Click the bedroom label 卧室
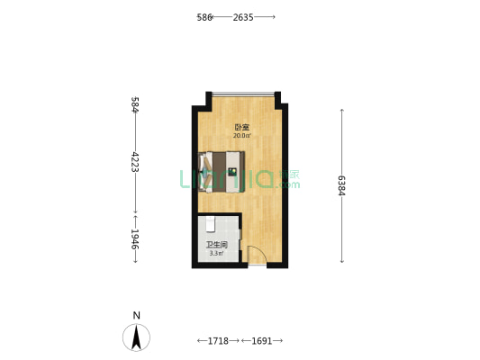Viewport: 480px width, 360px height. click(241, 128)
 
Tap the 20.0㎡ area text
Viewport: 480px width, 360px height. click(241, 137)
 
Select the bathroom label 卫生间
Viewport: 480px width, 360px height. click(217, 244)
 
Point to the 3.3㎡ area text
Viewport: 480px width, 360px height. click(217, 253)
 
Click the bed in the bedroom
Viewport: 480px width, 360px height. click(222, 171)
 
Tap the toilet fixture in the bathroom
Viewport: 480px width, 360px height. click(209, 222)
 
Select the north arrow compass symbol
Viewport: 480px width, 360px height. click(136, 337)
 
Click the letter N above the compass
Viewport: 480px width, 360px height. click(136, 315)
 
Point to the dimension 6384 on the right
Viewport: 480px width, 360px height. click(342, 185)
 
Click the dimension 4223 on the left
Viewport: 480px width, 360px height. click(134, 167)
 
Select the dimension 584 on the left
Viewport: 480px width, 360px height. click(134, 104)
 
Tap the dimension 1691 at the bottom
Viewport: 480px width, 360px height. click(261, 341)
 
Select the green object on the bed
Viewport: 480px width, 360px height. click(231, 171)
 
